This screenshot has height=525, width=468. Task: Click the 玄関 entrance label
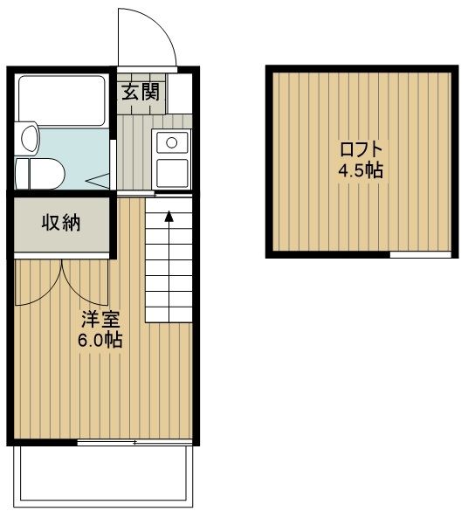click(x=141, y=92)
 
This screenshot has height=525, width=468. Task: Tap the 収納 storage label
click(x=61, y=223)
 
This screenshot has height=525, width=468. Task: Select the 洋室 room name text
click(x=100, y=320)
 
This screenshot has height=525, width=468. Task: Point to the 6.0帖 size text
click(x=100, y=340)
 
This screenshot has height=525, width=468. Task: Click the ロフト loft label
click(x=361, y=149)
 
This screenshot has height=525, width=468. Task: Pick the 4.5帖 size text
click(x=361, y=170)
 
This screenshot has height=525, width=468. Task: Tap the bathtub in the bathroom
click(x=62, y=100)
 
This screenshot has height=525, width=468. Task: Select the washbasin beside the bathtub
click(x=28, y=138)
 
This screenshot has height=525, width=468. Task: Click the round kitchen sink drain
click(x=172, y=143)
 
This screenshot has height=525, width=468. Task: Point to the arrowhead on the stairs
click(x=169, y=217)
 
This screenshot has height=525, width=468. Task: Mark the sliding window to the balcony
click(x=134, y=442)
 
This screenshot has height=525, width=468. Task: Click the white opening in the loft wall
click(x=421, y=255)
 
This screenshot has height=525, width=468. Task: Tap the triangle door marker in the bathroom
click(x=98, y=181)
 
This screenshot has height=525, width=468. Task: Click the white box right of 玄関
click(x=180, y=93)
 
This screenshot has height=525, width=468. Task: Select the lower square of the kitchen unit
click(x=172, y=173)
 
